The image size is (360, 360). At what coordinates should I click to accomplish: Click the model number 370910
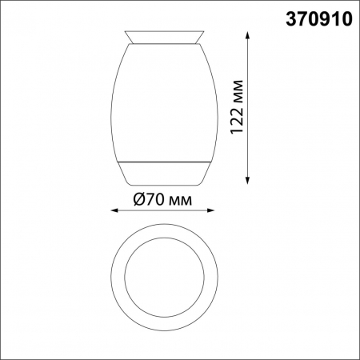tap(319, 18)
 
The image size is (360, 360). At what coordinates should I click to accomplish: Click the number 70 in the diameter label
tap(154, 199)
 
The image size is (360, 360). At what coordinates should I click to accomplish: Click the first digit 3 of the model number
tap(291, 18)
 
